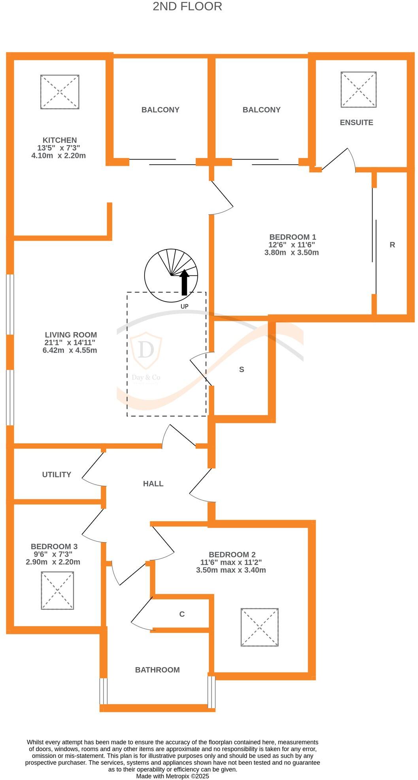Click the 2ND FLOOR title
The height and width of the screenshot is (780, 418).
coord(187,6)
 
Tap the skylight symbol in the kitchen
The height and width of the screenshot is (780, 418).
coord(60,92)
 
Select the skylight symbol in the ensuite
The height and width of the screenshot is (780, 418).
coord(358,89)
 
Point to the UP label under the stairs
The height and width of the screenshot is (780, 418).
coord(185,306)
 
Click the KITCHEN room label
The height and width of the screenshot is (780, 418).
coord(60,140)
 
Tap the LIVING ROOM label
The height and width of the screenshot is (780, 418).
coord(71,335)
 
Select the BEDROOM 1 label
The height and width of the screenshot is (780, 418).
coord(292,237)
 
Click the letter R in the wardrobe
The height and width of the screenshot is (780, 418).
coord(392,245)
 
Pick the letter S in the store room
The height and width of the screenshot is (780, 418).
coord(241,369)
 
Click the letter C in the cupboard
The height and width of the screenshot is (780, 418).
coord(182,614)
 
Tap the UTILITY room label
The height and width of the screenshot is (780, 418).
coord(56,475)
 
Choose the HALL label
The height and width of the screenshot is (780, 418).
coord(153,484)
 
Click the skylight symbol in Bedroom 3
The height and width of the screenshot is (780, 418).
coord(57,590)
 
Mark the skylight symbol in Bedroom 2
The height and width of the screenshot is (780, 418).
coord(260,627)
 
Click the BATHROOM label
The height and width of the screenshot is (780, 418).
coord(157,670)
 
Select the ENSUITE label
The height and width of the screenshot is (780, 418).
coord(356,122)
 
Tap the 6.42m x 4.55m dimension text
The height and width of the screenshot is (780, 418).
coord(70,350)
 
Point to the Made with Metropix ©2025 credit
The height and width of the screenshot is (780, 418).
coord(173,776)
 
